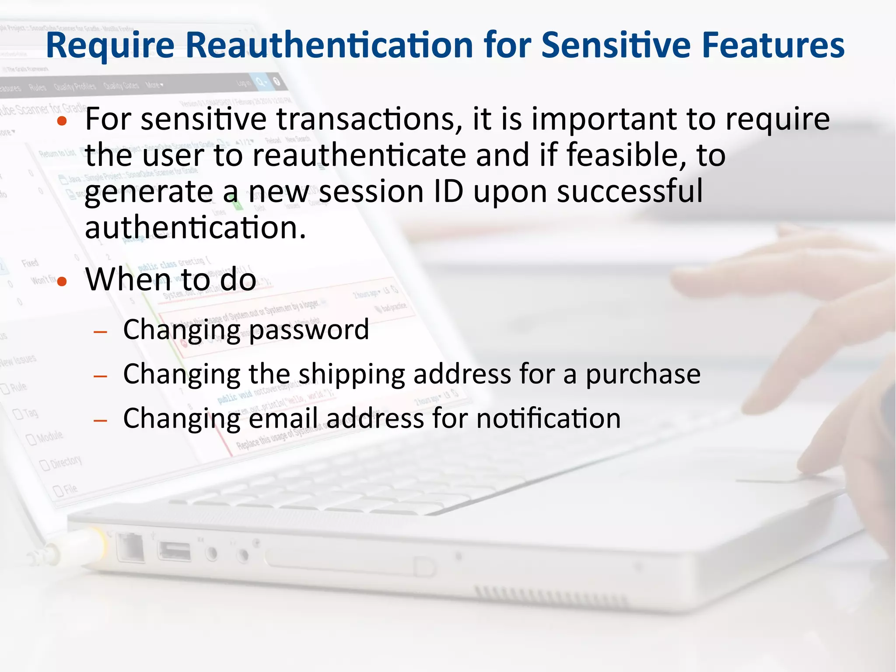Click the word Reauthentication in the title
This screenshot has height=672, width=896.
click(329, 45)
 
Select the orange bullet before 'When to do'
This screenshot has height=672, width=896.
click(62, 281)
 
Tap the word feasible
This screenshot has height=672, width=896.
click(626, 155)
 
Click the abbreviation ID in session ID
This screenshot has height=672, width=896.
click(448, 191)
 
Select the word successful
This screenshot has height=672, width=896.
click(630, 191)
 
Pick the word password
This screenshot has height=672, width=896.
click(309, 330)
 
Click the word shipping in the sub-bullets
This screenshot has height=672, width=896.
click(351, 375)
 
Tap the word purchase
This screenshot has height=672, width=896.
click(643, 375)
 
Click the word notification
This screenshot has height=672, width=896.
click(548, 419)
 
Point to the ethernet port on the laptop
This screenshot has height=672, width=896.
click(131, 547)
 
